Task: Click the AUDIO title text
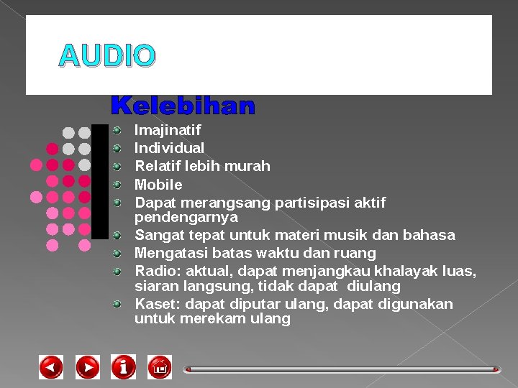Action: [x=107, y=56]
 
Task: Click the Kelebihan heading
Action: [x=183, y=106]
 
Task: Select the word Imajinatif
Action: [x=168, y=131]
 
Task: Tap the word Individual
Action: [x=170, y=148]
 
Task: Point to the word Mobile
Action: [x=158, y=185]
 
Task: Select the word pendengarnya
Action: [x=186, y=217]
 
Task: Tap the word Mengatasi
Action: [x=170, y=253]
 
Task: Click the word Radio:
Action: [x=158, y=271]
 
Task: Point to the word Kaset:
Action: [x=158, y=304]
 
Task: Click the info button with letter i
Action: [x=123, y=367]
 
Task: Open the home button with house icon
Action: [x=160, y=367]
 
